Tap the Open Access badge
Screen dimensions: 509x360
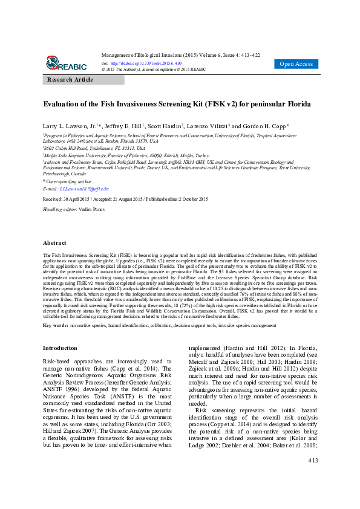296,64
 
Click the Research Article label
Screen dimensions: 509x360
70,80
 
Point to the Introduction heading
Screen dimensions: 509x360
60,348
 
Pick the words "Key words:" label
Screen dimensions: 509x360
55,325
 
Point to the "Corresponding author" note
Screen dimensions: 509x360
68,181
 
